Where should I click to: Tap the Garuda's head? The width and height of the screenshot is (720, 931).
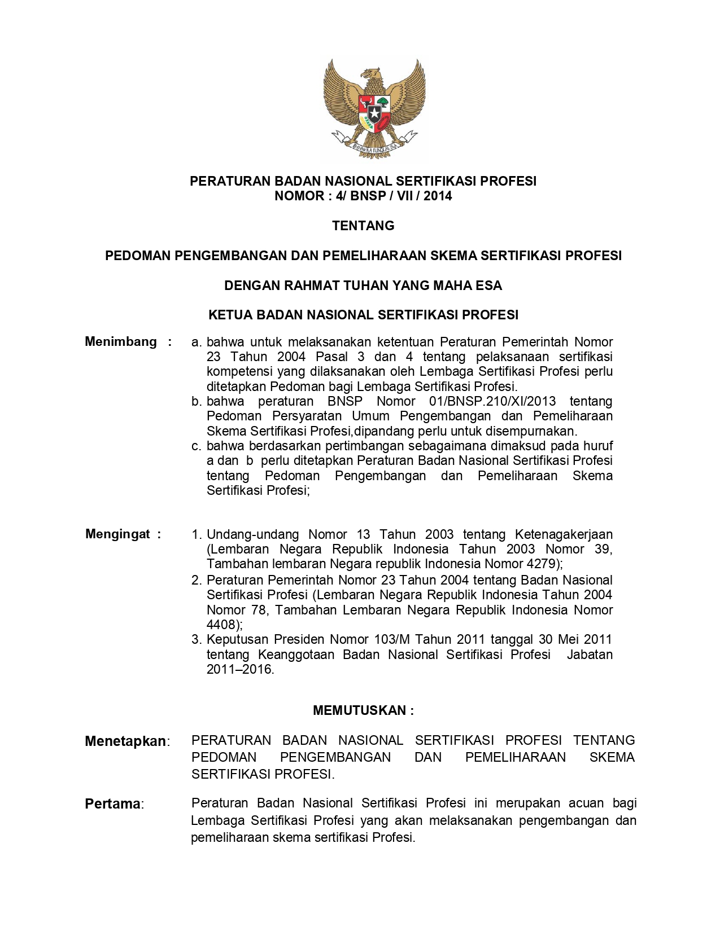tap(371, 73)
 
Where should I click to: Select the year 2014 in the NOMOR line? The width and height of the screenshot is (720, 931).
tap(438, 196)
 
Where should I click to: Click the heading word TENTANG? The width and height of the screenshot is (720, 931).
tap(363, 226)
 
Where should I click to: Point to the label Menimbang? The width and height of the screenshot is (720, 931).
tap(121, 341)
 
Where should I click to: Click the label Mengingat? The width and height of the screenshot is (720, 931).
tap(118, 534)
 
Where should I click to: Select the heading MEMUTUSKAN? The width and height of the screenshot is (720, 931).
tap(360, 710)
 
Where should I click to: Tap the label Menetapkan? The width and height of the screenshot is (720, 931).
tap(125, 741)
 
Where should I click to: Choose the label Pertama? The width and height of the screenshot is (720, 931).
tap(112, 803)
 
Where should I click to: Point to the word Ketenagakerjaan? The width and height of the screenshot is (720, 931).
tap(564, 534)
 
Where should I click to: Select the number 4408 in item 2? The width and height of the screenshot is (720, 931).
tap(222, 625)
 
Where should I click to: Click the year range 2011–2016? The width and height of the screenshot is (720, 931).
tap(239, 669)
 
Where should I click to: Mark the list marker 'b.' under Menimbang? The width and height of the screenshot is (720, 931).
tap(197, 401)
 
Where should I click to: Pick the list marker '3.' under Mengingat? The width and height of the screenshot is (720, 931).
tap(197, 639)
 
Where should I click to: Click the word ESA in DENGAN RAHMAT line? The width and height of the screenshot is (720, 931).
tap(488, 286)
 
